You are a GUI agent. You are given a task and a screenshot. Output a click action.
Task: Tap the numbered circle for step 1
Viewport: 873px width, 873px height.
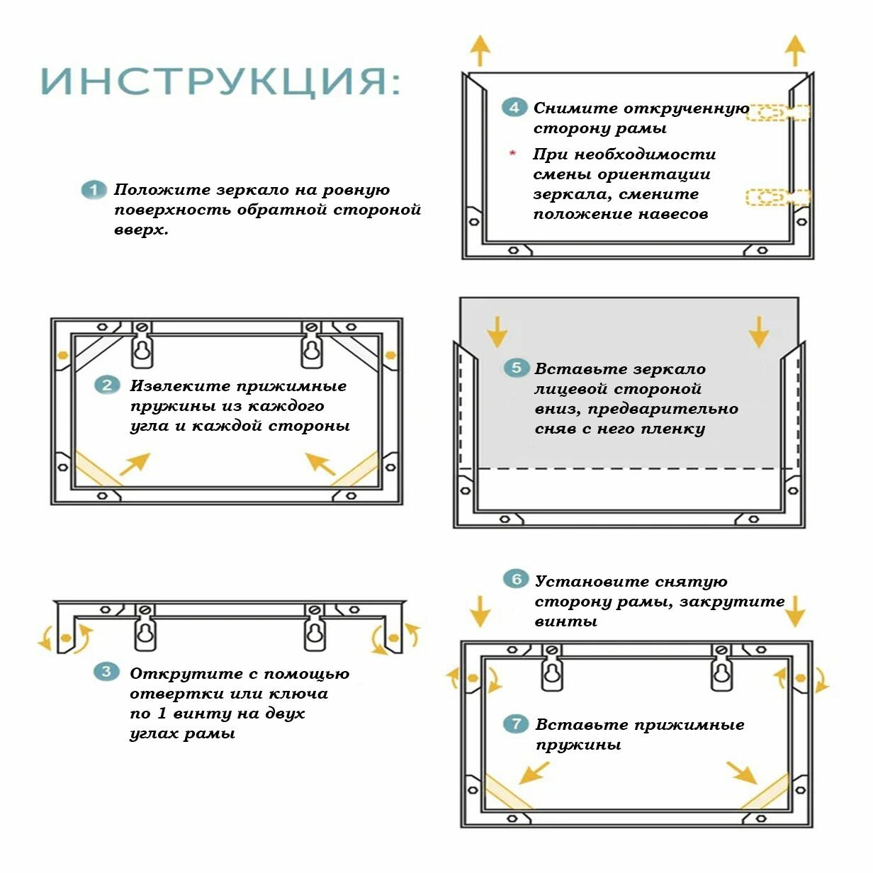(x=93, y=190)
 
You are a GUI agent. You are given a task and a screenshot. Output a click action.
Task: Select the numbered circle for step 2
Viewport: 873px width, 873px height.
(x=107, y=385)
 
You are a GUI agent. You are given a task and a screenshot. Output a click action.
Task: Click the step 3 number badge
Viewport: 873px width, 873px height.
(x=106, y=672)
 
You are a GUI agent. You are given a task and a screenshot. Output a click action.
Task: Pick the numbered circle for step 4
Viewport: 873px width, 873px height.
(x=514, y=108)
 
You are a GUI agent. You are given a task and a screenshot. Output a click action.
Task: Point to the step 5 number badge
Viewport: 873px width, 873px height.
(x=516, y=368)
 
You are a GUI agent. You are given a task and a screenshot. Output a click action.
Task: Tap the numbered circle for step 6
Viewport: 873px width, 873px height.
(x=516, y=580)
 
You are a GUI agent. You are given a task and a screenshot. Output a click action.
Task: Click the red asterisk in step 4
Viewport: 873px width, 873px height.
(x=512, y=154)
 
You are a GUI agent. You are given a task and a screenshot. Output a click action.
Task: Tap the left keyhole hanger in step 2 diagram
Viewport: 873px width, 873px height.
(x=142, y=349)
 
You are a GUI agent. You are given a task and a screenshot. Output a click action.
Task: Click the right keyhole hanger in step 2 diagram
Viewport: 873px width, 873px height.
(x=311, y=349)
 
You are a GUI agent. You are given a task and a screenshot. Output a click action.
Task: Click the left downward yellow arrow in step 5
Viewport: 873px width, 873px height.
(x=497, y=330)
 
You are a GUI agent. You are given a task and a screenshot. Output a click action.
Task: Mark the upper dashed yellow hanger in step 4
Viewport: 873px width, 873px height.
(x=777, y=112)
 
